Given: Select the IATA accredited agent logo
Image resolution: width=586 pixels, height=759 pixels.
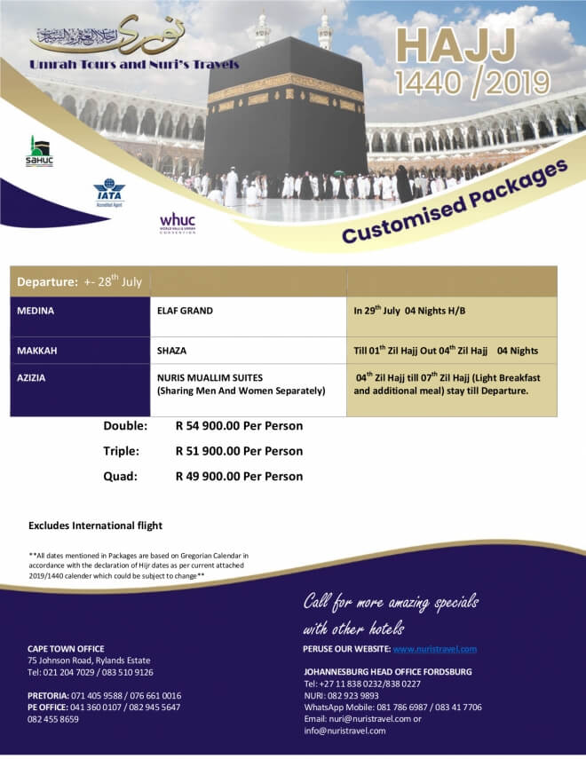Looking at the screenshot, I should [109, 193].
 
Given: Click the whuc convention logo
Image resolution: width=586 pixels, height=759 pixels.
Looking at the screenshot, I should [178, 223].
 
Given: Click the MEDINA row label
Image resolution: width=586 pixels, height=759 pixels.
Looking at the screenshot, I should [36, 312].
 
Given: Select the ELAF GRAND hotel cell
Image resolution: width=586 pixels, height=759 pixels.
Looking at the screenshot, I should [185, 312].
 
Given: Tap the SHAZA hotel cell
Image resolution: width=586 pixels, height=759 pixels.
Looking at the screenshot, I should [171, 351].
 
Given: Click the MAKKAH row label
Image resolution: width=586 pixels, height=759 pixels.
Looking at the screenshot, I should [37, 351].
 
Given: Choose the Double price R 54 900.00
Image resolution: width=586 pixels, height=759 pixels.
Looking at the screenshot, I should [239, 426].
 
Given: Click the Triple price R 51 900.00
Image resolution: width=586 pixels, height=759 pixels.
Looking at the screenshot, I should [239, 451].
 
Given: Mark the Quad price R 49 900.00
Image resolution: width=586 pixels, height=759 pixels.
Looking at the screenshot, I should [239, 476].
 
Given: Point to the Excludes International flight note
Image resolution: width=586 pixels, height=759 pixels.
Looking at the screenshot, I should [95, 526].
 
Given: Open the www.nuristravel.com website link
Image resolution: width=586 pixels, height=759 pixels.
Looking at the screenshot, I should [434, 649].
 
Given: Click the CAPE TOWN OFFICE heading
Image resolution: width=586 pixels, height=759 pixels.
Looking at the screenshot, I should [66, 649].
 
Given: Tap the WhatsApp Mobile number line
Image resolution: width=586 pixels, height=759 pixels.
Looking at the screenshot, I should [392, 708].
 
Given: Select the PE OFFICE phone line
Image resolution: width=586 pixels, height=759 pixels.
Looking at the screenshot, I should [104, 708].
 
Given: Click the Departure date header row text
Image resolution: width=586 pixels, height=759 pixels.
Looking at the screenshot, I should [80, 281].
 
